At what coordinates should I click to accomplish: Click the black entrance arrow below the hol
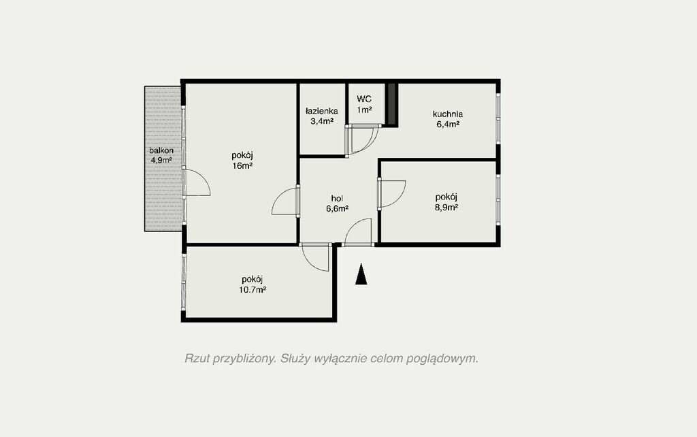[361, 274]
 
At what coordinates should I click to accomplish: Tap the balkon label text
[161, 150]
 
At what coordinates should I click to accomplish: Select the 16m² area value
[242, 166]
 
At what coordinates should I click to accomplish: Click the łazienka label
[321, 111]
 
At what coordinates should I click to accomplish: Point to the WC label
[364, 99]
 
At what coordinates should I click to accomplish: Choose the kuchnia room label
[448, 114]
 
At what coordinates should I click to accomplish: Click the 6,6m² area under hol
[337, 208]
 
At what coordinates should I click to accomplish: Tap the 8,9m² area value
[447, 207]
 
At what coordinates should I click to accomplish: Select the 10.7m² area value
[253, 290]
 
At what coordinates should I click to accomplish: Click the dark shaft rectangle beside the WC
[391, 104]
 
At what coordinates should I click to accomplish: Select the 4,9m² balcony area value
[161, 161]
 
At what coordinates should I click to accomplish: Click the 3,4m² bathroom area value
[322, 121]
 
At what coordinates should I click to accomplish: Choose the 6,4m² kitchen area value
[448, 125]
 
